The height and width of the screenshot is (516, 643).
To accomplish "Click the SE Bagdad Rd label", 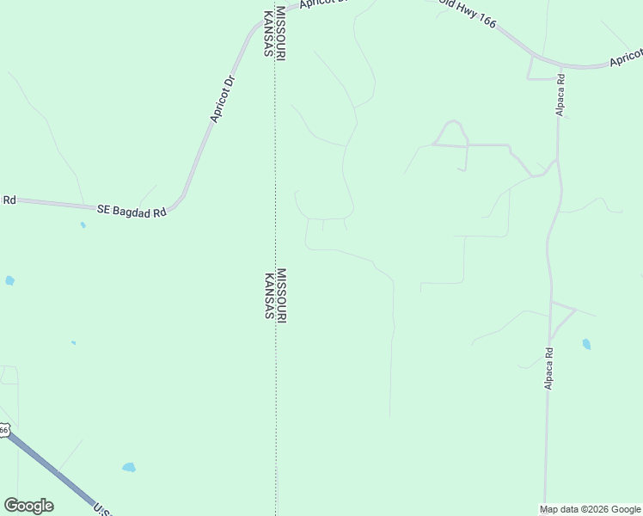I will tap(131, 209).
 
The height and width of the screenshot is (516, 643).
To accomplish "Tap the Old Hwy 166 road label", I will tap(468, 12).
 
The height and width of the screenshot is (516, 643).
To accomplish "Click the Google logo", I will tap(28, 506).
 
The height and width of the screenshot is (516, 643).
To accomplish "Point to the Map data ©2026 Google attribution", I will tap(591, 509).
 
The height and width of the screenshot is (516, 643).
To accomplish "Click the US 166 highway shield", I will tap(3, 430).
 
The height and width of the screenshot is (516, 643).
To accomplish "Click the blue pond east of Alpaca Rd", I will tap(586, 344).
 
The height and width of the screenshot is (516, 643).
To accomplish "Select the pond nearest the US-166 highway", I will tap(129, 468).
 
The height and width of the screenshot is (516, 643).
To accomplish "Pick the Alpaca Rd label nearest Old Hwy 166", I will tap(560, 99).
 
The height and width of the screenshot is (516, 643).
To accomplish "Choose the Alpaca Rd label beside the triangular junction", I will tap(548, 368).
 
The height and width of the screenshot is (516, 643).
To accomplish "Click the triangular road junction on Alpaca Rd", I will tap(560, 319).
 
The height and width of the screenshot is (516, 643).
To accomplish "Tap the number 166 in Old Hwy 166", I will tap(486, 21).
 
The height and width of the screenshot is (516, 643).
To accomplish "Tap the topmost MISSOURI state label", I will tap(281, 34).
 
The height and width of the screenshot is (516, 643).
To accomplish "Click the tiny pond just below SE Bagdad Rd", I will tap(83, 225).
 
